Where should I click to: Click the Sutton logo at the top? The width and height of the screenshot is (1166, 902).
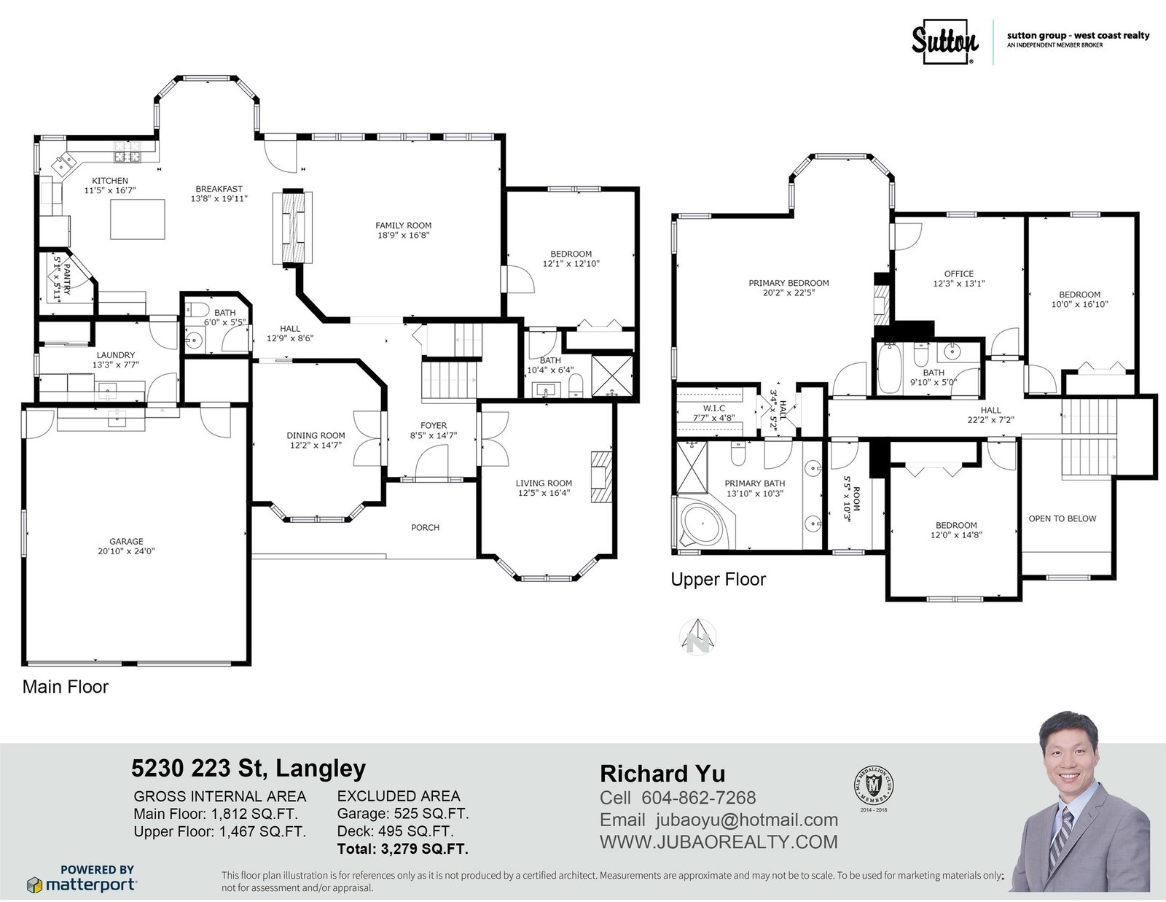coord(945,42)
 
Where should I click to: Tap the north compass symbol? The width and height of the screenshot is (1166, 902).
coord(697,637)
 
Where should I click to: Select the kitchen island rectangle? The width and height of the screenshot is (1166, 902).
coord(137,219)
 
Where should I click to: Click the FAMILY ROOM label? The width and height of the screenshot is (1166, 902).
coord(403,225)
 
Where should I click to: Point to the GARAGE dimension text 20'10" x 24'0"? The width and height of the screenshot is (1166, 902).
coord(126,551)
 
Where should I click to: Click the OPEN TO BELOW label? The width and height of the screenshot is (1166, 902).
coord(1062,518)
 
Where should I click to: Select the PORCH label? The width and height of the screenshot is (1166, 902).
coord(425,528)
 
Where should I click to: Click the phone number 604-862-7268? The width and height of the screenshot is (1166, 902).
coord(699,798)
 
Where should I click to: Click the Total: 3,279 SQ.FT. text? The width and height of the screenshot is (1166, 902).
coord(402,849)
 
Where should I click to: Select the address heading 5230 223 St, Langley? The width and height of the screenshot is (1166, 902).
coord(249,769)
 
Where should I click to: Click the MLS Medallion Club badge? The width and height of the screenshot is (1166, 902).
coord(874,788)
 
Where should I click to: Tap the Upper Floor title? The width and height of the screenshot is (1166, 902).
coord(718,579)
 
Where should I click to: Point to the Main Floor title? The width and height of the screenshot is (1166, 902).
coord(66,687)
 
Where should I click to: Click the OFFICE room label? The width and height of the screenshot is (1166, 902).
coord(959,274)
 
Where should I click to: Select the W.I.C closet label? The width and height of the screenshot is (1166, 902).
coord(713,408)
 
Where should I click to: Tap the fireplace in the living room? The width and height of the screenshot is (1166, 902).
coord(601,477)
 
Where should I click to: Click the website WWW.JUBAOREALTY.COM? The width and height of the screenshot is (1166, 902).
coord(719,842)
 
